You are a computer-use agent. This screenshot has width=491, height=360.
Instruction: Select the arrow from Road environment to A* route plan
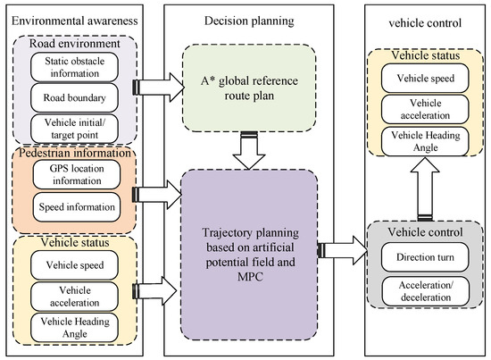click(x=159, y=87)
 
